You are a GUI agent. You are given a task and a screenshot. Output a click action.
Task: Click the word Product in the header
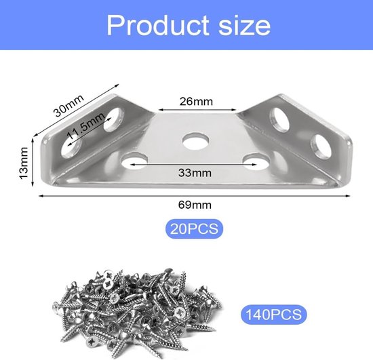tap(158, 25)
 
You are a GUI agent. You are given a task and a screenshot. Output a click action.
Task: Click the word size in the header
tap(244, 26)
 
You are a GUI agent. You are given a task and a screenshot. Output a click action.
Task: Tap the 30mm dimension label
tap(68, 105)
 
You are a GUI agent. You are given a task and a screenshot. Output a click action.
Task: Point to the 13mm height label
tap(24, 163)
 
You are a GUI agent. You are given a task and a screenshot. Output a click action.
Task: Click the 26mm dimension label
tap(196, 102)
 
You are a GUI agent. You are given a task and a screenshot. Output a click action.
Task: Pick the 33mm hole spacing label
tap(195, 173)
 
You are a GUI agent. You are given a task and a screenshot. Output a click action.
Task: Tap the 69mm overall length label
tap(195, 205)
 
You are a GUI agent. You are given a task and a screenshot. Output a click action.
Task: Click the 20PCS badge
tap(194, 228)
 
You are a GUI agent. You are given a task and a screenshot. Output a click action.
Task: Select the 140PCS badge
tap(273, 315)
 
